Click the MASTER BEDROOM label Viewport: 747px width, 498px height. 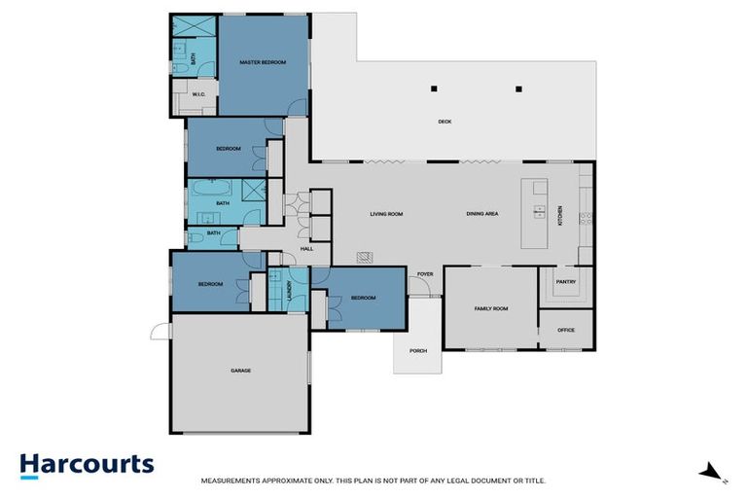263,62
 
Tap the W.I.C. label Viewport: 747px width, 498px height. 197,94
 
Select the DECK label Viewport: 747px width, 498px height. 445,122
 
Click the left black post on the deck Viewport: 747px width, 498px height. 435,89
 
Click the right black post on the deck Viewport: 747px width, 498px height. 518,89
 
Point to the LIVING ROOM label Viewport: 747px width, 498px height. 386,213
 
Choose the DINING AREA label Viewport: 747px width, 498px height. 482,213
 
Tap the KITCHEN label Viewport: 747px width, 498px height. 559,213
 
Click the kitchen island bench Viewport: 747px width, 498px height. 534,213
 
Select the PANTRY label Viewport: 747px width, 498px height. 565,283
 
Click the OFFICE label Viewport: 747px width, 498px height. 565,330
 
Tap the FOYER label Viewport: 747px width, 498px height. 425,274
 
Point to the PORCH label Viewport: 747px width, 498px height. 417,350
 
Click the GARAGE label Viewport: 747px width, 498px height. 240,371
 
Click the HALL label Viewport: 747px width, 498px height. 307,249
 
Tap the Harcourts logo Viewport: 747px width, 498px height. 87,464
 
